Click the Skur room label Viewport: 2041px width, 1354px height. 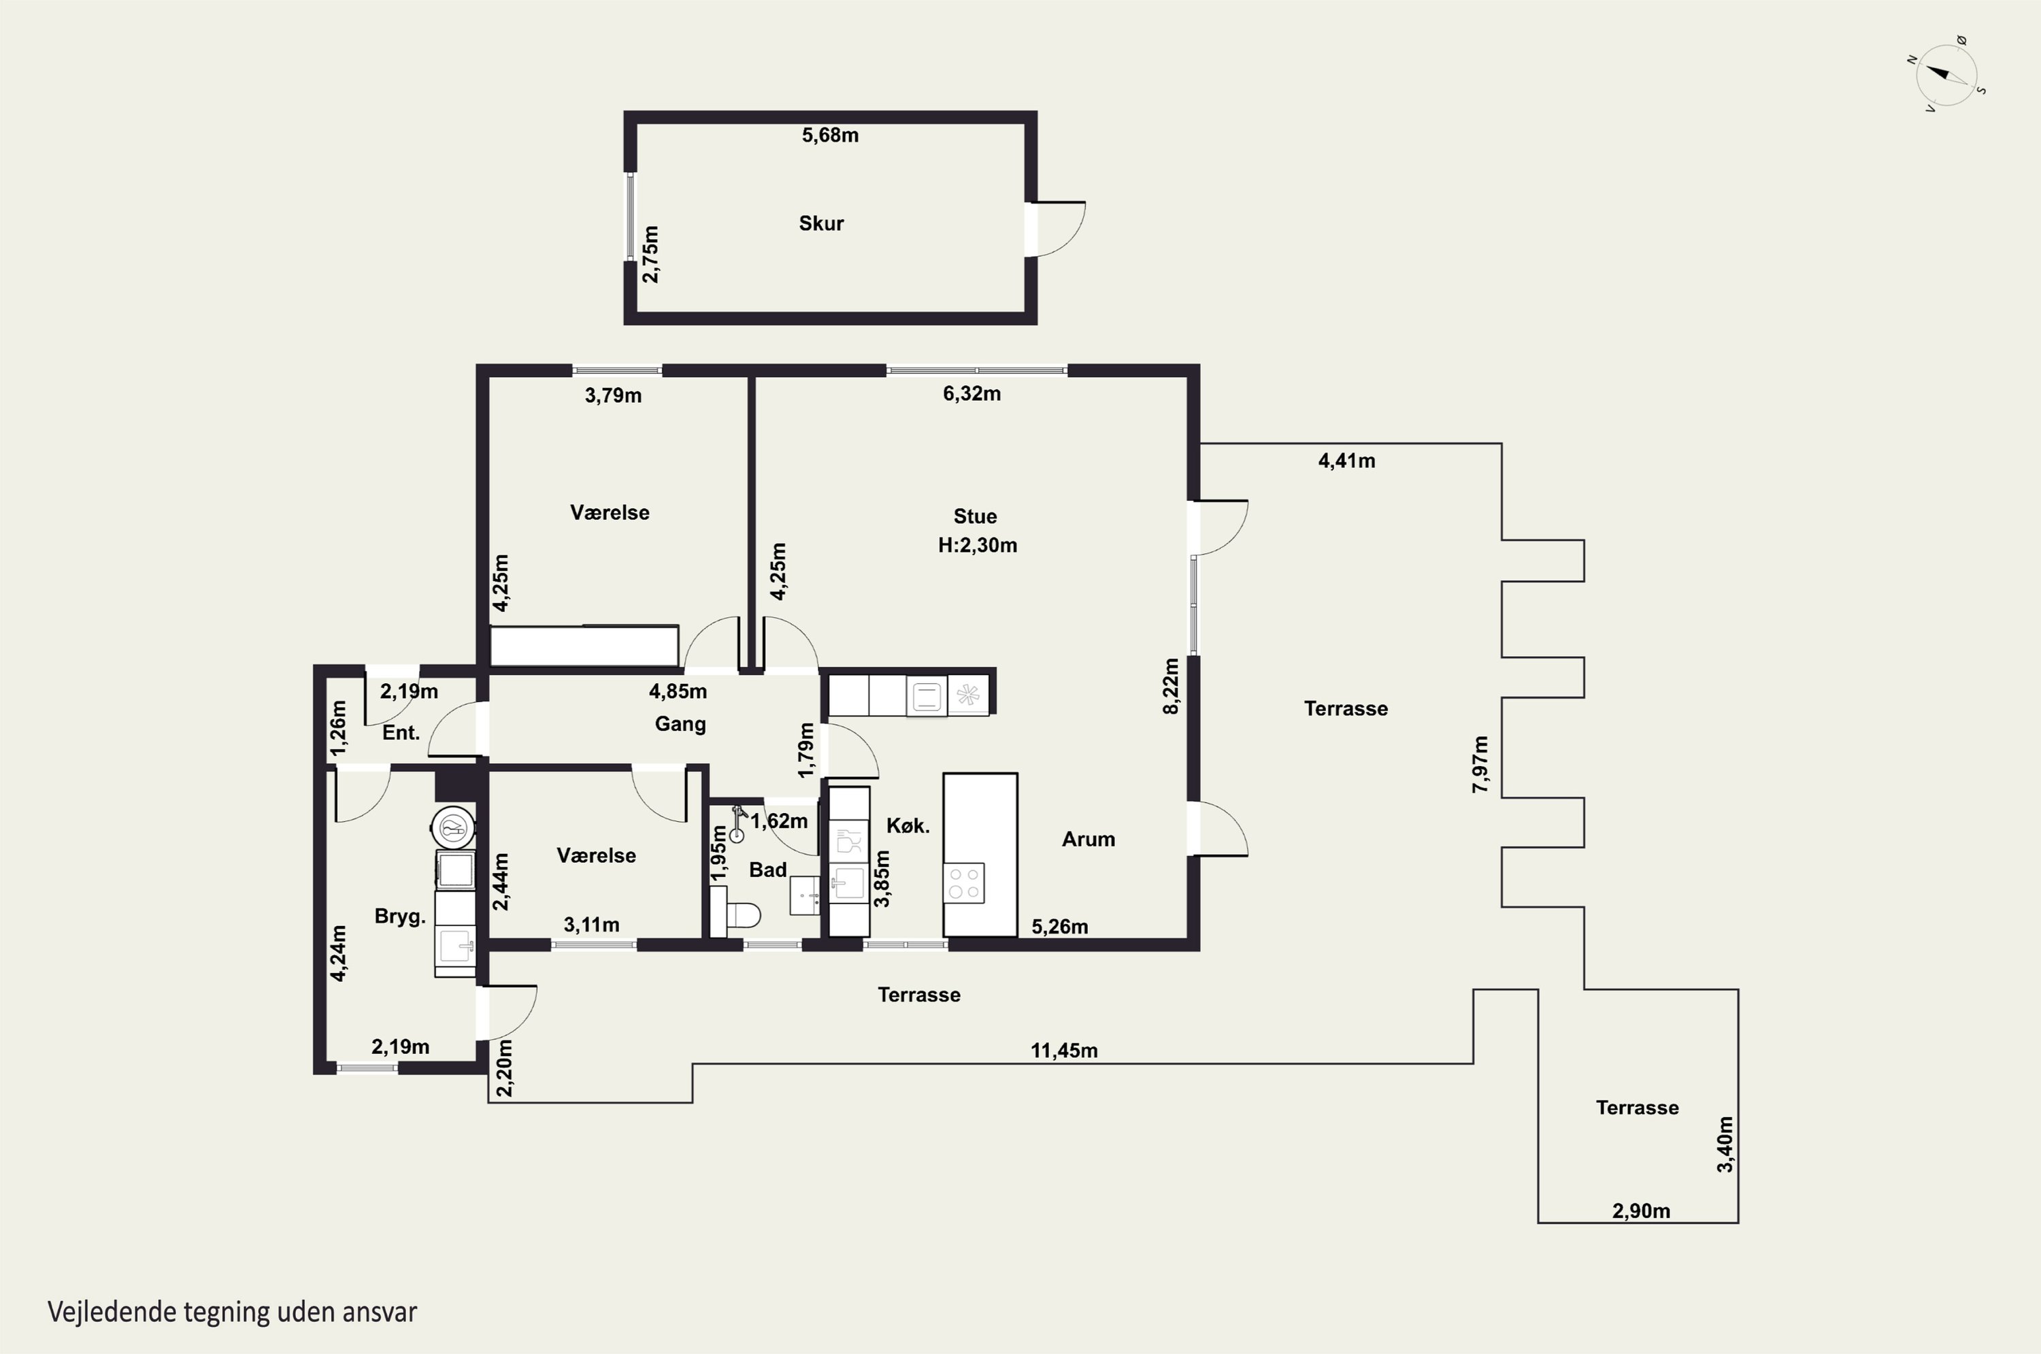pos(821,224)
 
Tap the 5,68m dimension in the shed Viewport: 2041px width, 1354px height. pos(830,135)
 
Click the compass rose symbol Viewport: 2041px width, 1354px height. pos(1947,75)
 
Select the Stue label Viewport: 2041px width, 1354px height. pos(975,516)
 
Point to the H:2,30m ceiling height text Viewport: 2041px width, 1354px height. pos(978,546)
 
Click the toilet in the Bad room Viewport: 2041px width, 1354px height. pos(735,914)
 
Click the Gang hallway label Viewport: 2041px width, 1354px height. pos(680,725)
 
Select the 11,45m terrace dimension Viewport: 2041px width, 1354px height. pos(1063,1051)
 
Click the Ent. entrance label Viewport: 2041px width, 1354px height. pos(401,733)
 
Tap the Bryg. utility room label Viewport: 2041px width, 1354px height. pos(400,917)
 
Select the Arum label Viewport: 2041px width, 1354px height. pos(1088,840)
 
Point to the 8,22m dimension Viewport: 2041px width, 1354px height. pos(1171,687)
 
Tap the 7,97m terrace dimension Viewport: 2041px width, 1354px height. pos(1480,764)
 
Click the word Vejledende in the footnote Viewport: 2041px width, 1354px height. pos(112,1312)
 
